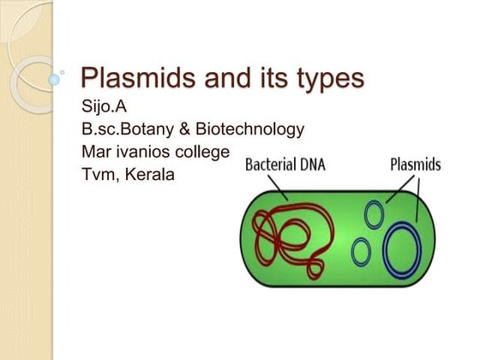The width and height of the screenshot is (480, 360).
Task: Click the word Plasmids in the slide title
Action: point(129,79)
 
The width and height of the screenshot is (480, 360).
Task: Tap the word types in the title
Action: point(322,80)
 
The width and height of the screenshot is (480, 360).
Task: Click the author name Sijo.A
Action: point(103,109)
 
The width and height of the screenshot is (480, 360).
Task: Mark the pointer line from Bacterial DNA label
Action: point(279,187)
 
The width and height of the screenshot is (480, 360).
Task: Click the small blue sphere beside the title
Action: point(55,79)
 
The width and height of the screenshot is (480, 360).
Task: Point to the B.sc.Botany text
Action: point(121,130)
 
